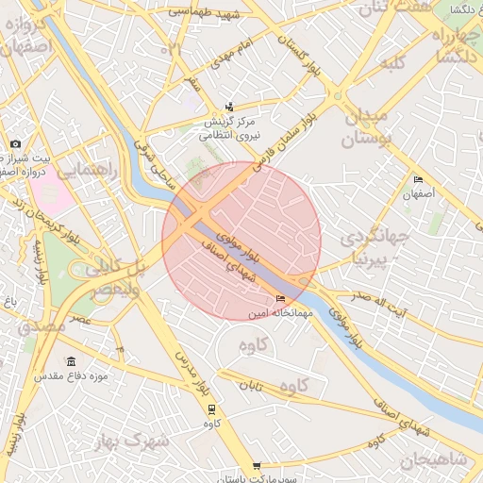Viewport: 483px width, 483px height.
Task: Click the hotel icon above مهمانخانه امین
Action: click(x=279, y=299)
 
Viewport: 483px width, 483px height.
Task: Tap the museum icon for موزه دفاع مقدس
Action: click(x=72, y=362)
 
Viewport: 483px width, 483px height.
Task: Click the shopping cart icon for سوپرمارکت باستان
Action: click(x=257, y=466)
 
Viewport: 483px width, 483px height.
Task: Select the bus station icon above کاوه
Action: click(x=211, y=409)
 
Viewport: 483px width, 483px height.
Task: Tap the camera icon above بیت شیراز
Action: click(x=15, y=144)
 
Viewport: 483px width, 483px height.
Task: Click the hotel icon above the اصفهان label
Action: click(x=418, y=179)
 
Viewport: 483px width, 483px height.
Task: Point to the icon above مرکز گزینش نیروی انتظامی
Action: click(x=229, y=108)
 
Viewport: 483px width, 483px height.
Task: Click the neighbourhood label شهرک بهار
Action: click(x=132, y=441)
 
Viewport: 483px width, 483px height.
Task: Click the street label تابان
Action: click(x=249, y=387)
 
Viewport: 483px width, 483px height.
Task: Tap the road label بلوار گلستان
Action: click(x=294, y=54)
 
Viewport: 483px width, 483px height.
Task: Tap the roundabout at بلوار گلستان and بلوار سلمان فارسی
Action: click(x=337, y=95)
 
